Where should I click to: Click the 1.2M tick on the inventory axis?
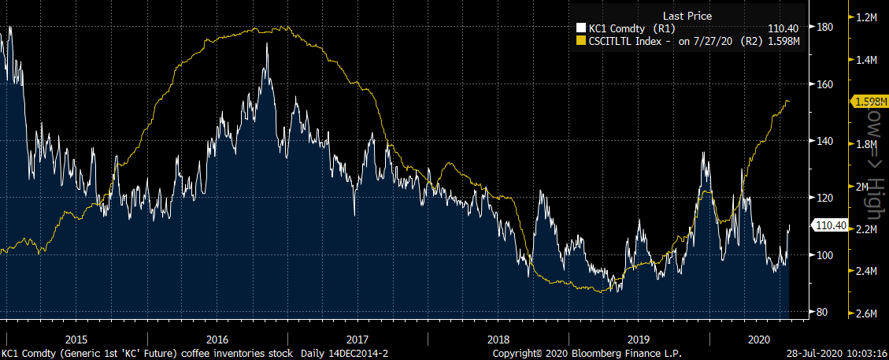tap(867, 17)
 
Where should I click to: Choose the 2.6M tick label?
tap(867, 314)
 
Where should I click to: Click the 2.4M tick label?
tap(867, 272)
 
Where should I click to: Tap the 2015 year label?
tap(76, 339)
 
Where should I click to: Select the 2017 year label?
tap(357, 339)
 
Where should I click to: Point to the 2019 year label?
tap(639, 339)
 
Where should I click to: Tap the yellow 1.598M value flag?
tap(868, 101)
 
